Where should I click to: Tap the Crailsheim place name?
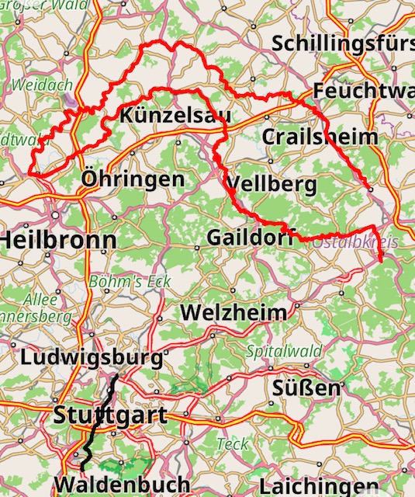320,137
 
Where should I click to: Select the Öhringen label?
133,181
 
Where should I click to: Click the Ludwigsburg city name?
92,358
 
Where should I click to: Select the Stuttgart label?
110,415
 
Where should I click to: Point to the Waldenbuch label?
122,484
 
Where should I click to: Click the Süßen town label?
307,388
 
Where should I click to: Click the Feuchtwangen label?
364,91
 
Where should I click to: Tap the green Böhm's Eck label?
130,282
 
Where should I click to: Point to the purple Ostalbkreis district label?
356,243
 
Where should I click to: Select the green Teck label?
233,444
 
